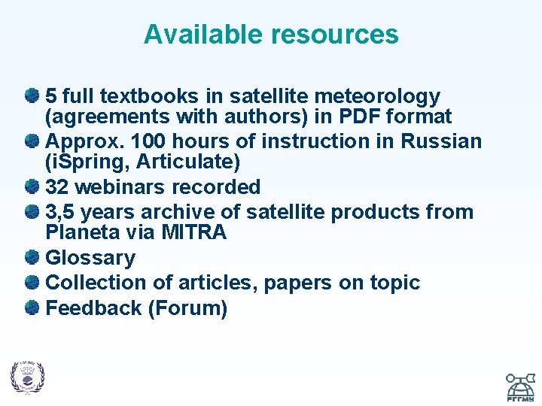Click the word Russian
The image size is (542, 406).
(441, 141)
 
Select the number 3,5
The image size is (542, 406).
(62, 212)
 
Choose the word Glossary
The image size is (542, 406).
(90, 258)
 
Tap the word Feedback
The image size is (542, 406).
(94, 308)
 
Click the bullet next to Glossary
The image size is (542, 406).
(32, 258)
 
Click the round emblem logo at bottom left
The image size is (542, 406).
(27, 377)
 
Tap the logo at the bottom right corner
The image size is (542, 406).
(519, 384)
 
